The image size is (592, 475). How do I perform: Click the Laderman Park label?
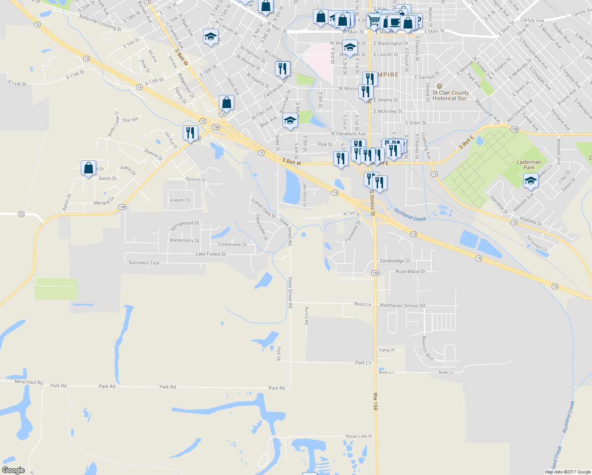click(529, 165)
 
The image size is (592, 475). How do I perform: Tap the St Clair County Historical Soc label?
click(450, 95)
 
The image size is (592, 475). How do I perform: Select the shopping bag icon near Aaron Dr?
click(88, 168)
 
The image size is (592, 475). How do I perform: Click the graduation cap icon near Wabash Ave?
click(530, 181)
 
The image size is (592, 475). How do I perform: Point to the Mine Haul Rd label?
click(28, 382)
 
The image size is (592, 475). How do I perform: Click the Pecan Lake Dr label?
click(359, 436)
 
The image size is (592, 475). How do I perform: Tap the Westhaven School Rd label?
click(402, 306)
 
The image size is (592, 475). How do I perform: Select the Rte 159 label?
click(375, 401)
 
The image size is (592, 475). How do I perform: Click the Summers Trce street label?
click(144, 263)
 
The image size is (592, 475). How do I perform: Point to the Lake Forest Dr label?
click(211, 254)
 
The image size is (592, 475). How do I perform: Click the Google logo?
click(13, 470)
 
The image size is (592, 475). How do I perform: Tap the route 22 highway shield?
click(21, 214)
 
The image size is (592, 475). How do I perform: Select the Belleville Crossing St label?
click(100, 23)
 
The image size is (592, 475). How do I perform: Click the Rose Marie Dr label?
click(410, 272)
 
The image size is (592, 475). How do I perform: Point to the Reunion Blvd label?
click(427, 349)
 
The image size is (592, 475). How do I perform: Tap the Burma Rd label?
click(306, 315)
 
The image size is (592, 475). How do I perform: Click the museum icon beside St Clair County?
click(439, 86)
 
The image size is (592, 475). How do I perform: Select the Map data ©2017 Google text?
click(567, 472)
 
